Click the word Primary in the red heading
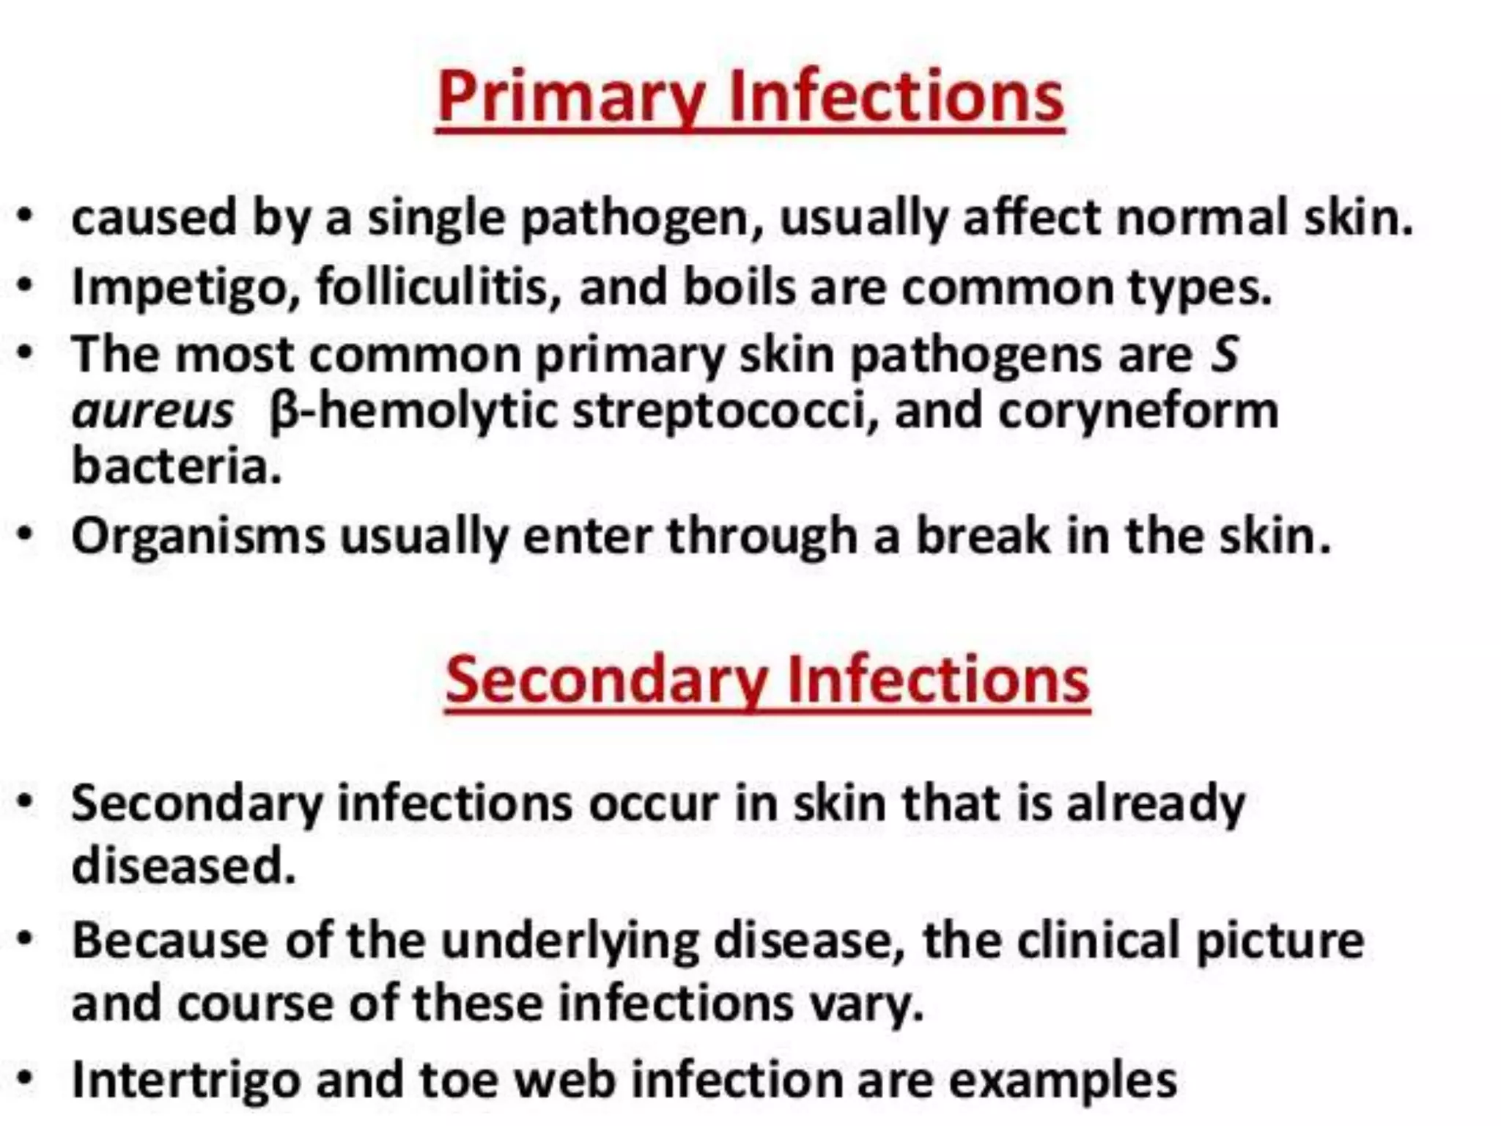[572, 97]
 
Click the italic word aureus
[152, 411]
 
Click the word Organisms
[198, 537]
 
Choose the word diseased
[183, 865]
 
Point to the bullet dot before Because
[26, 938]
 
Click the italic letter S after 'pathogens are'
[1224, 354]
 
